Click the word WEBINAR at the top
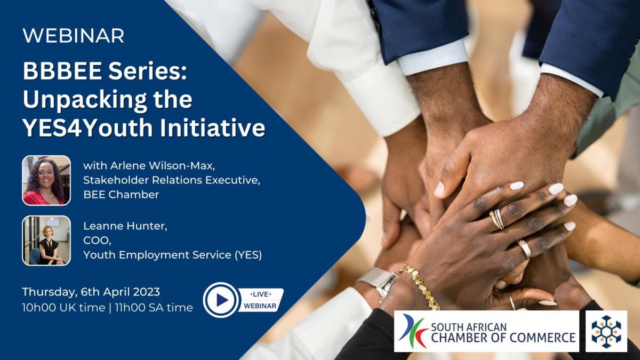click(74, 36)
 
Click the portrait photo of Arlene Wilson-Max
click(46, 180)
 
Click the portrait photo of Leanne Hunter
click(46, 241)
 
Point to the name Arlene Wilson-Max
click(163, 166)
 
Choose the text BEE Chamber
click(121, 195)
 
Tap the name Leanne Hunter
click(125, 226)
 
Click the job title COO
click(97, 241)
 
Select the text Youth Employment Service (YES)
click(173, 255)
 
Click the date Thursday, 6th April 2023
click(91, 292)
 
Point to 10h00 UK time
click(63, 308)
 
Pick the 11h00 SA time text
click(154, 308)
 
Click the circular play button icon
click(221, 300)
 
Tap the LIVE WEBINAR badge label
click(260, 300)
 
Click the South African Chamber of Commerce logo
click(486, 331)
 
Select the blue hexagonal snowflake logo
click(606, 331)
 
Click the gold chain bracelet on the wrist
click(420, 286)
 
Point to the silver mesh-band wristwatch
click(378, 282)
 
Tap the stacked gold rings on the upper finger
click(497, 219)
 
